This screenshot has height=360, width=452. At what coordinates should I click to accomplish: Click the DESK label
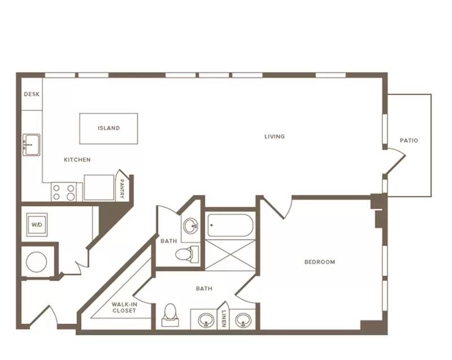(32, 94)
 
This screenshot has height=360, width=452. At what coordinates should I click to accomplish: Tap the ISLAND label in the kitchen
(108, 128)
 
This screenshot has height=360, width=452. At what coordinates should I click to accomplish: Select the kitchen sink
(32, 145)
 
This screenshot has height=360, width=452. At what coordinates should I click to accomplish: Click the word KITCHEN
(77, 160)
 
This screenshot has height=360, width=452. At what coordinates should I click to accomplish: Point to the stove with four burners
(64, 192)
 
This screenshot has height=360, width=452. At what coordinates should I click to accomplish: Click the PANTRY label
(122, 189)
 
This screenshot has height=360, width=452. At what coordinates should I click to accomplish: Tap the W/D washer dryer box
(37, 224)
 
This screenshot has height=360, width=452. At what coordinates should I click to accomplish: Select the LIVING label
(275, 136)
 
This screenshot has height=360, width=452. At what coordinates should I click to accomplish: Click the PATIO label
(408, 140)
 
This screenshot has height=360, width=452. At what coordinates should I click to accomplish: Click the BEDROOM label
(320, 262)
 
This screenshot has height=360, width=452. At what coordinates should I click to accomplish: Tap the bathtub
(231, 225)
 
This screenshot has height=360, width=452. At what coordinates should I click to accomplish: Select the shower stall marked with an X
(231, 255)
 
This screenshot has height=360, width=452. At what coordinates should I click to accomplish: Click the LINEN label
(224, 319)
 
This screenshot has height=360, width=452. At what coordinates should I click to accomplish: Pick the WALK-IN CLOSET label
(124, 307)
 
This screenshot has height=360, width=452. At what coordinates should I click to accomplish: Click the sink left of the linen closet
(206, 320)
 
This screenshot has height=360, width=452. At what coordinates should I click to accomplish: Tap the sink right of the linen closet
(243, 320)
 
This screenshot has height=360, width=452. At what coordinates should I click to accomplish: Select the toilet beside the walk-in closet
(170, 314)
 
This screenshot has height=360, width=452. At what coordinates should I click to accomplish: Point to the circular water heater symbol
(37, 262)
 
